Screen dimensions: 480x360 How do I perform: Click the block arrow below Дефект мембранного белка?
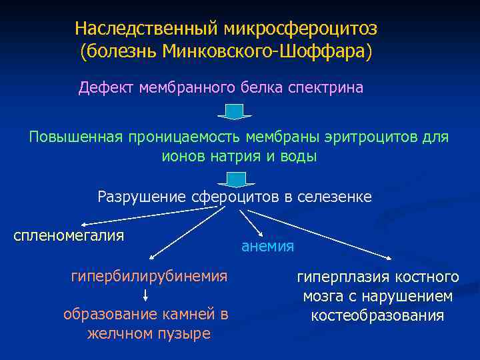pos(234,111)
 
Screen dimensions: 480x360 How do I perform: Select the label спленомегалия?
pos(69,235)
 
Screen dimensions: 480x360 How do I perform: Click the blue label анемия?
pos(267,246)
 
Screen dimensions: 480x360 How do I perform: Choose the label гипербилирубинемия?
pos(149,275)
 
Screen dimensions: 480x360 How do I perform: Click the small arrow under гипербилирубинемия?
pos(145,295)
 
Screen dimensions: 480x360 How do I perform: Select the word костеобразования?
pos(377,315)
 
